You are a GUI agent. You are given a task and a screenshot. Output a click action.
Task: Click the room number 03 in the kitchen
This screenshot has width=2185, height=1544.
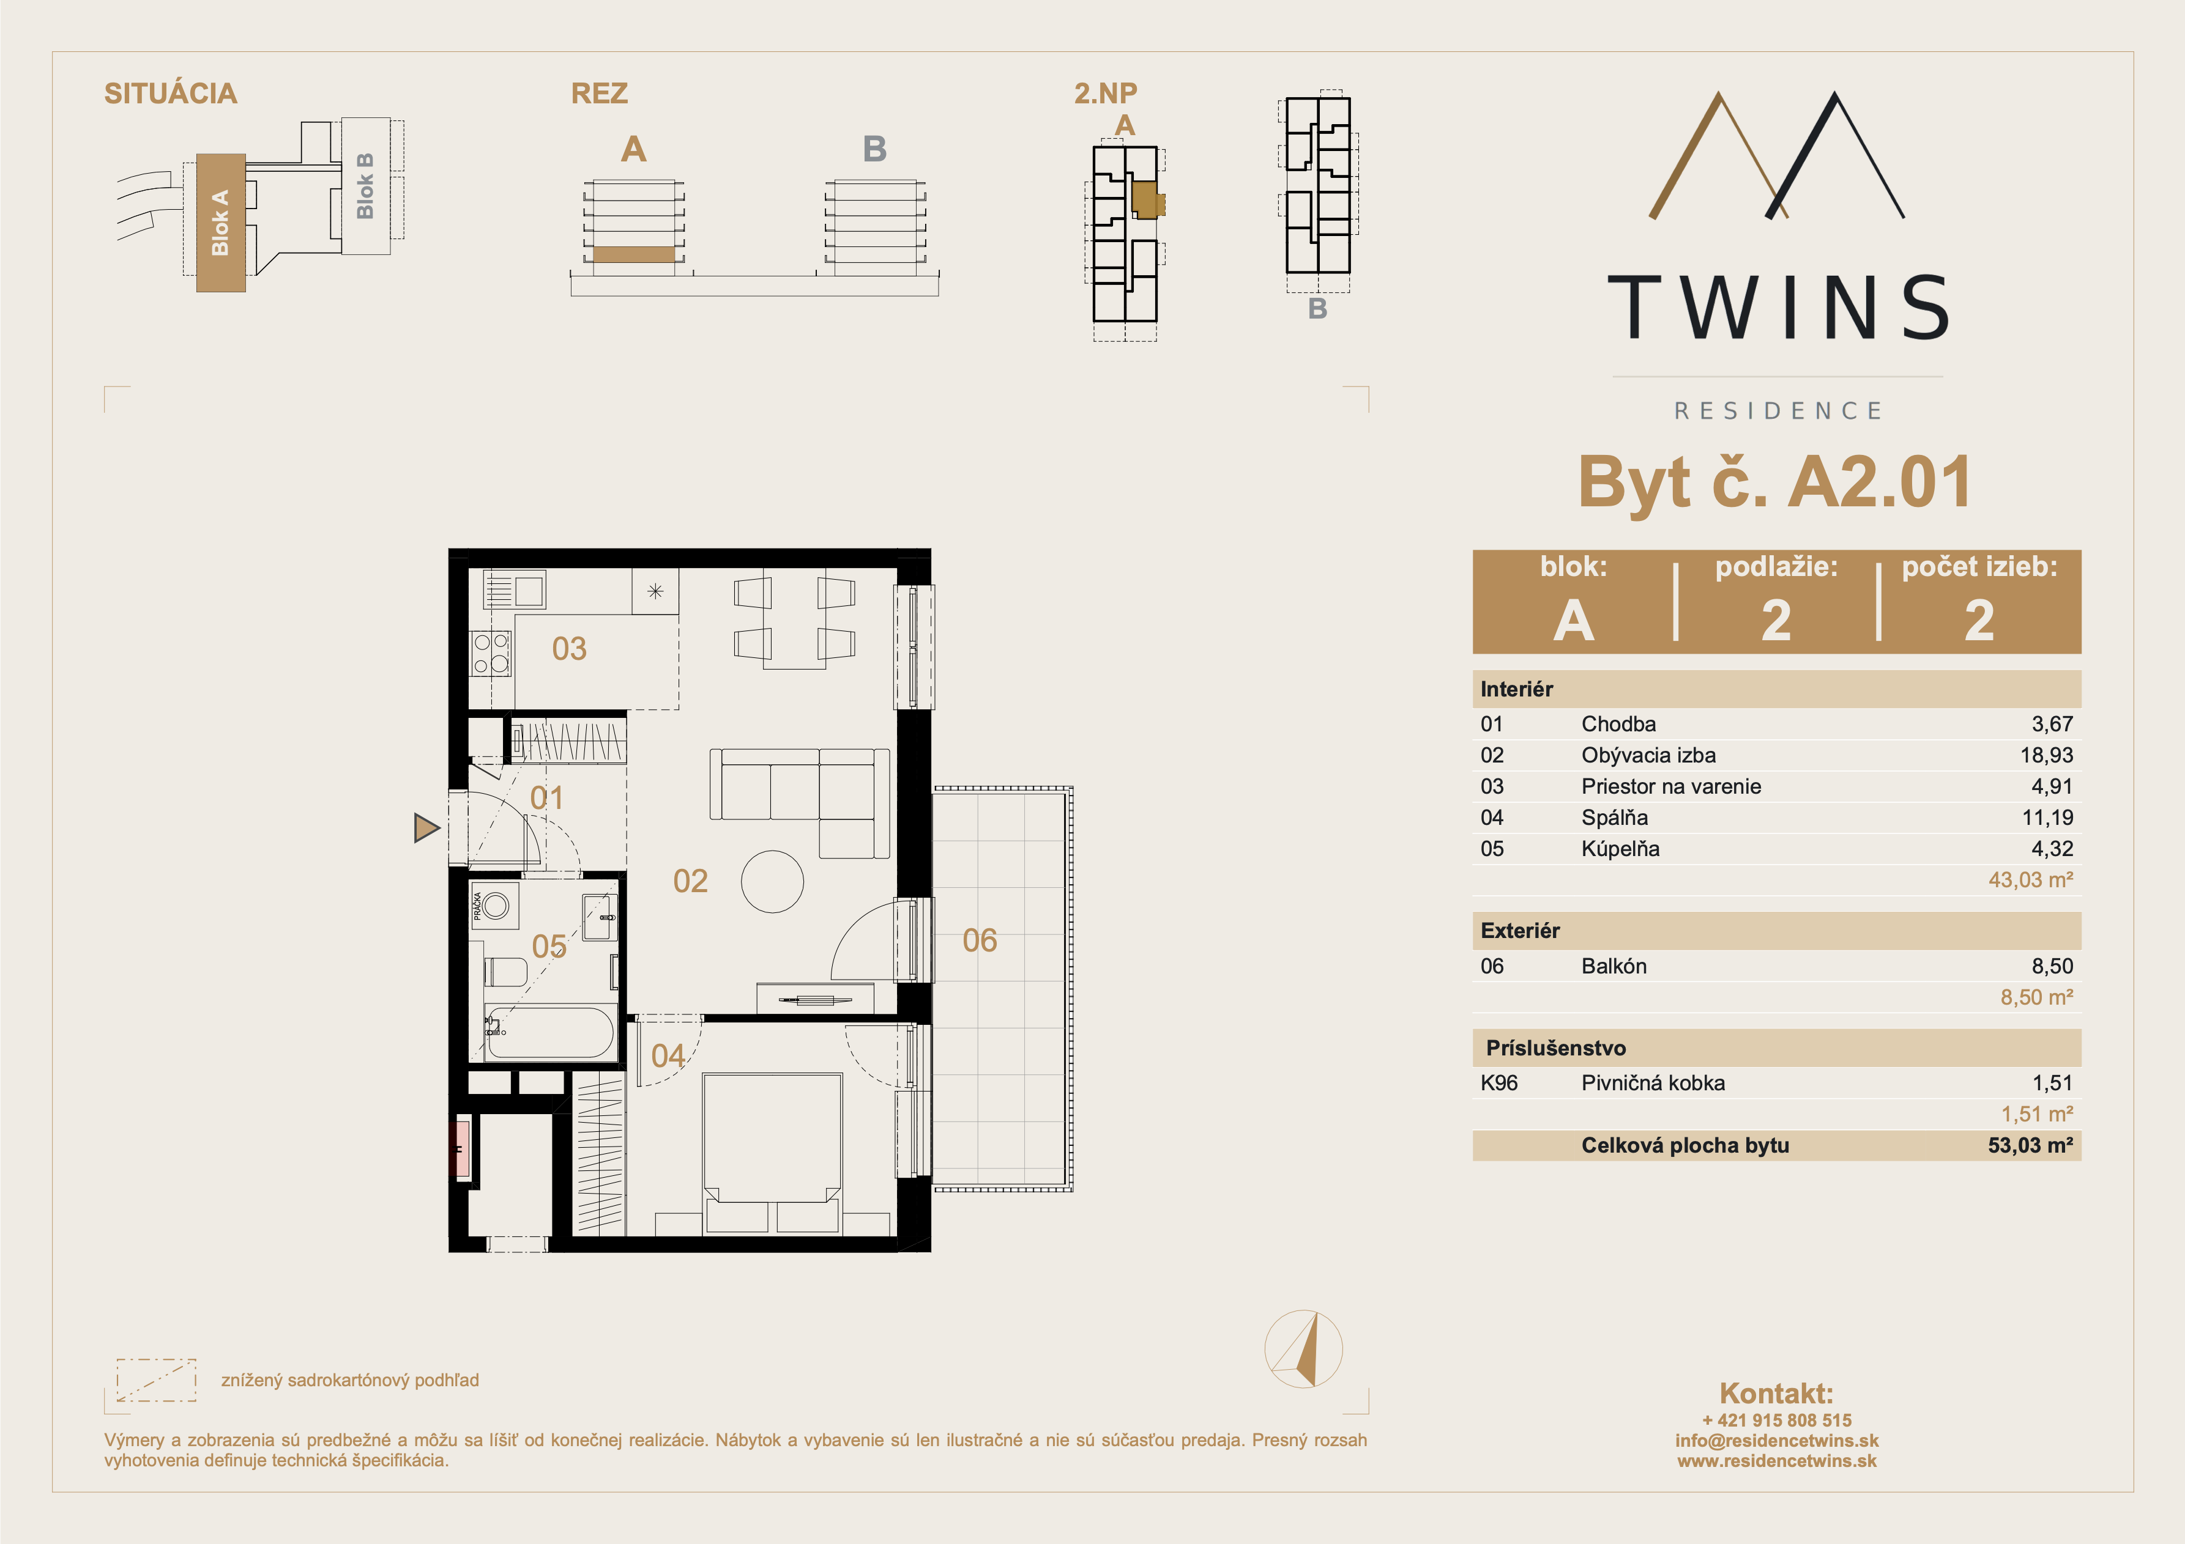point(569,649)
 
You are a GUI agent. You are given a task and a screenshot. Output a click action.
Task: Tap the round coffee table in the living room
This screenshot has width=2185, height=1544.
point(772,882)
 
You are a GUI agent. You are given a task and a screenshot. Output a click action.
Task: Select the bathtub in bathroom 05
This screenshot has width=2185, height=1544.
point(549,1032)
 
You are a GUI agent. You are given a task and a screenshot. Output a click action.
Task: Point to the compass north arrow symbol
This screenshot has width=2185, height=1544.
point(1304,1349)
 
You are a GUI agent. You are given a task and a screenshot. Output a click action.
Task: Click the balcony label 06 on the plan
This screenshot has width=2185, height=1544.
point(979,941)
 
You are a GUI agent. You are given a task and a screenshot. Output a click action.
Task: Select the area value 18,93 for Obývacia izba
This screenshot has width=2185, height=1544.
point(2046,755)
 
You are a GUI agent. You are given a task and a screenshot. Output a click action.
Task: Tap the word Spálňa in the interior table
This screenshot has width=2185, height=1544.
point(1614,817)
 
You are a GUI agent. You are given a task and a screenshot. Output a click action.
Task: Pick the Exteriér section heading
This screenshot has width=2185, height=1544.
point(1520,931)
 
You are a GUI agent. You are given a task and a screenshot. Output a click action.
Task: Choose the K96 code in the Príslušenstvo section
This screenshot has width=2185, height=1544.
point(1499,1082)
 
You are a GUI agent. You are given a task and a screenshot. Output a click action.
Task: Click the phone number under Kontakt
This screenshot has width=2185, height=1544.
point(1777,1420)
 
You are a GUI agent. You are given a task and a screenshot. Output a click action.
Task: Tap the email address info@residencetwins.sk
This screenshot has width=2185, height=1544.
point(1777,1440)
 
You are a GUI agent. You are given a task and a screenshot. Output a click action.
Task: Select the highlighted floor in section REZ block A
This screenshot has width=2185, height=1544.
point(634,254)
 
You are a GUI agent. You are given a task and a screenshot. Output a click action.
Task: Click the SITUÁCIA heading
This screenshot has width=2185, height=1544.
point(170,93)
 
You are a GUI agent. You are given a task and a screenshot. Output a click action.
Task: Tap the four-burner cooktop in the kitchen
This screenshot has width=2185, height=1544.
point(491,654)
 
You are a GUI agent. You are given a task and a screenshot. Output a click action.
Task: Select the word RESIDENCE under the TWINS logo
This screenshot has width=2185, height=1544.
point(1777,411)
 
